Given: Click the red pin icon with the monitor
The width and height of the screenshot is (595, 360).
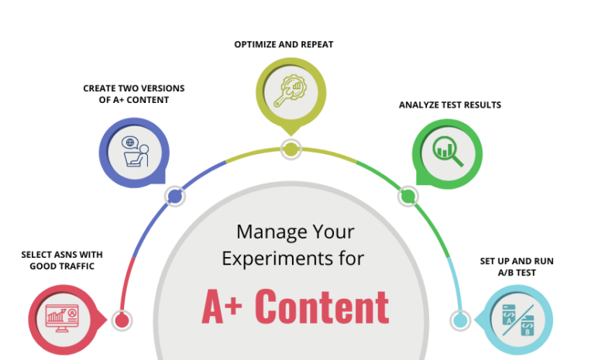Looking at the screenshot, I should click(64, 317).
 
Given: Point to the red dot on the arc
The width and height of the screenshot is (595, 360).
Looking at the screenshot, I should click(121, 320).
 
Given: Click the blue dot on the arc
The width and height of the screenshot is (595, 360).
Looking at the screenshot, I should click(175, 197).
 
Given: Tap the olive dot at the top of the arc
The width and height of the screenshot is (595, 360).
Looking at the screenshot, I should click(291, 149).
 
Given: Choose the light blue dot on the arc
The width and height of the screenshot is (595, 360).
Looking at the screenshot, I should click(460, 320).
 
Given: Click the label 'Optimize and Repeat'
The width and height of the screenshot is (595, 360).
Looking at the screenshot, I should click(284, 45).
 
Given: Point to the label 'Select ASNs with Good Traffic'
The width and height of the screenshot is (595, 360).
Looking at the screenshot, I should click(61, 260).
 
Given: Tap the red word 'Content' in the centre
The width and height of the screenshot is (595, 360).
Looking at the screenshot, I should click(322, 307).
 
